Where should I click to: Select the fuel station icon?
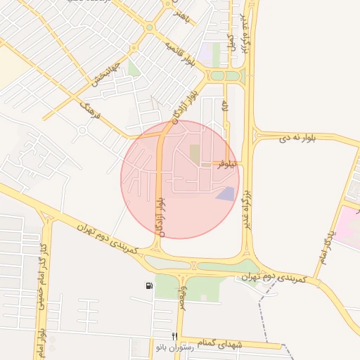[149, 285]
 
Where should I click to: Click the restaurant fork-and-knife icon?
[175, 337]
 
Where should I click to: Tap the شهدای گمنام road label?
[219, 342]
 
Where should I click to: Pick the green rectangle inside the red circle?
[195, 153]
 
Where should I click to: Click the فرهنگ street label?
[92, 108]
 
